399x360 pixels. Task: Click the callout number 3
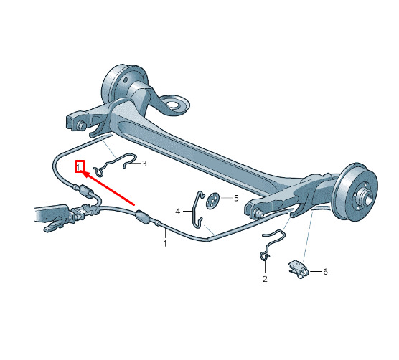pyautogui.click(x=144, y=164)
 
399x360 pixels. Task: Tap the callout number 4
pyautogui.click(x=178, y=212)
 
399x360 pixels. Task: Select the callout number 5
pyautogui.click(x=236, y=198)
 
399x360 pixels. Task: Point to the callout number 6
pyautogui.click(x=325, y=272)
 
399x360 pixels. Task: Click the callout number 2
pyautogui.click(x=265, y=279)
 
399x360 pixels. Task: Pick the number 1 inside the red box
pyautogui.click(x=79, y=167)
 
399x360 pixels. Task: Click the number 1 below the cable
pyautogui.click(x=165, y=243)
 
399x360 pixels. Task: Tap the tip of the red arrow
pyautogui.click(x=83, y=171)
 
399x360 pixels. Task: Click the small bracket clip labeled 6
pyautogui.click(x=299, y=269)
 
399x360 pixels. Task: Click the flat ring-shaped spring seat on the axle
pyautogui.click(x=176, y=105)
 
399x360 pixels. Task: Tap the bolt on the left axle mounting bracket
pyautogui.click(x=81, y=125)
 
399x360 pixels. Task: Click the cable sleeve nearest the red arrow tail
pyautogui.click(x=142, y=217)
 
